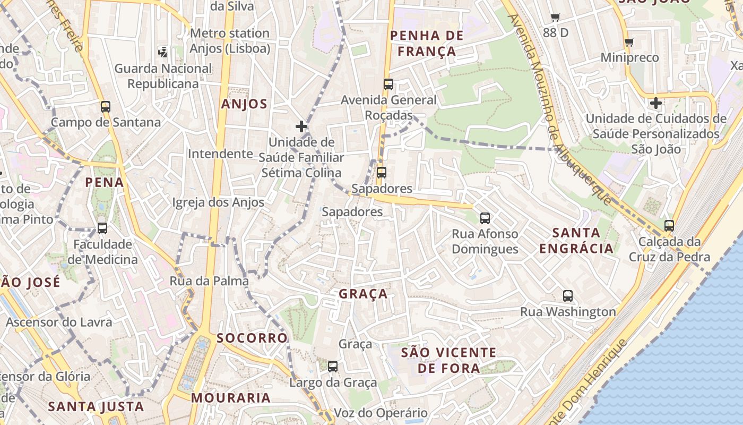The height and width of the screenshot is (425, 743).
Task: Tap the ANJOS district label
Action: pyautogui.click(x=244, y=104)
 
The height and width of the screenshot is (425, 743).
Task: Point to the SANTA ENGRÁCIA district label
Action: pyautogui.click(x=576, y=240)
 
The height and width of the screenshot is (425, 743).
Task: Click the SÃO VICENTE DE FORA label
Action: pyautogui.click(x=448, y=360)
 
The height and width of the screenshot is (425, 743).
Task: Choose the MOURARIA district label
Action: pyautogui.click(x=231, y=398)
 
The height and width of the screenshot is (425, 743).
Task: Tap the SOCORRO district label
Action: pyautogui.click(x=252, y=338)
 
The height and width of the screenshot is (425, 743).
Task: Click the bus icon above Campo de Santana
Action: pyautogui.click(x=106, y=106)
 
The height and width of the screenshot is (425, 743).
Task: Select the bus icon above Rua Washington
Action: pyautogui.click(x=568, y=296)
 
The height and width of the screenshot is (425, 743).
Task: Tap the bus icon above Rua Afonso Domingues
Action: pyautogui.click(x=485, y=218)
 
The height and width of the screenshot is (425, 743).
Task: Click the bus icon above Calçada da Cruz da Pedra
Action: pyautogui.click(x=669, y=225)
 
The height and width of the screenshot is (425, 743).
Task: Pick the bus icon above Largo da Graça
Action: pyautogui.click(x=333, y=366)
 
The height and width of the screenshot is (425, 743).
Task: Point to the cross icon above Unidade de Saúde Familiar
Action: pyautogui.click(x=301, y=126)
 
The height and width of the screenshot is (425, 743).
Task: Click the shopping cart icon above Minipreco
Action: pyautogui.click(x=629, y=42)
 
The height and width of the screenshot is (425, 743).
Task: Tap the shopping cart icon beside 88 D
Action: pyautogui.click(x=556, y=17)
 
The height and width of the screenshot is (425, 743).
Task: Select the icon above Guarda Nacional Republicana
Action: pyautogui.click(x=163, y=52)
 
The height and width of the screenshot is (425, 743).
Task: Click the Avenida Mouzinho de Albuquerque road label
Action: pyautogui.click(x=559, y=109)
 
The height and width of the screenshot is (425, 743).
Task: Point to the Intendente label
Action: pyautogui.click(x=220, y=154)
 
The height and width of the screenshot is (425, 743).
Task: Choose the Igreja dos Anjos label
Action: pyautogui.click(x=218, y=202)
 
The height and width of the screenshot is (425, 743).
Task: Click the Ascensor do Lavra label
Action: pyautogui.click(x=59, y=322)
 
